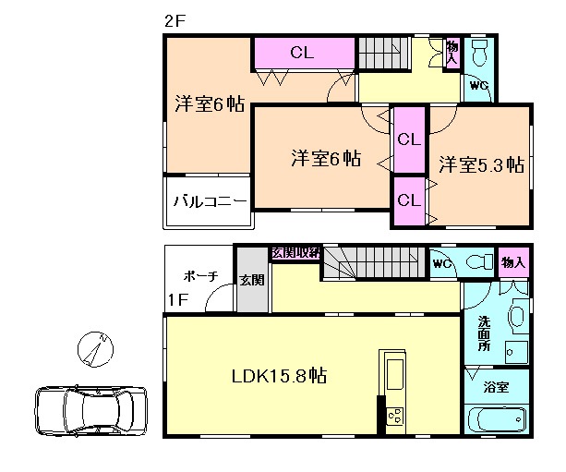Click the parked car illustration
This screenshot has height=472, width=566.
click(x=91, y=411)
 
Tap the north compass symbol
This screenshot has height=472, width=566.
click(x=95, y=349)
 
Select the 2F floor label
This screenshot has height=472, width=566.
click(x=175, y=21)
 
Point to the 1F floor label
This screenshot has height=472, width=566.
click(x=178, y=299)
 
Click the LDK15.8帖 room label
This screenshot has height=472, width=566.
click(x=279, y=376)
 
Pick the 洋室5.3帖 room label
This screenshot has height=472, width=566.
click(x=482, y=164)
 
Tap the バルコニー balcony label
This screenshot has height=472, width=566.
click(x=211, y=200)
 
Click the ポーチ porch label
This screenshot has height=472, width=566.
click(x=200, y=276)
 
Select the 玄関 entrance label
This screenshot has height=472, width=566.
click(x=252, y=280)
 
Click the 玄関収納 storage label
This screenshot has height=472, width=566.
click(x=296, y=253)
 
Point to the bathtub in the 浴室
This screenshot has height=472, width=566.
click(x=497, y=419)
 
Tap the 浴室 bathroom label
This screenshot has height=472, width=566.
click(x=497, y=387)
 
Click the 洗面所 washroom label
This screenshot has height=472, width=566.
click(x=484, y=333)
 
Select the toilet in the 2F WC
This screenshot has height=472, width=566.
click(x=480, y=53)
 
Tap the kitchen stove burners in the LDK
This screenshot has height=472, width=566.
click(x=395, y=416)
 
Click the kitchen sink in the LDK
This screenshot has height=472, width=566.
click(x=395, y=374)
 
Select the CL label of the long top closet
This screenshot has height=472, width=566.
click(x=302, y=53)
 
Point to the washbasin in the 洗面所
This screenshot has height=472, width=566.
click(x=517, y=316)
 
